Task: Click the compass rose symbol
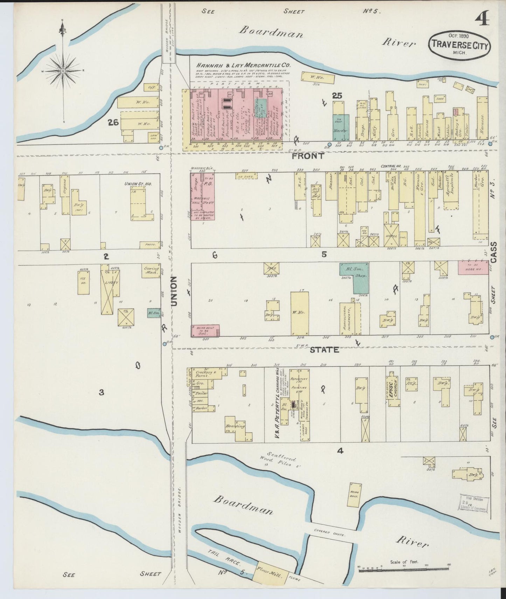point(63,71)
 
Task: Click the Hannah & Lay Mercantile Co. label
point(244,65)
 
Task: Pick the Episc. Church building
point(394,387)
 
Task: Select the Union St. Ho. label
point(134,184)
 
